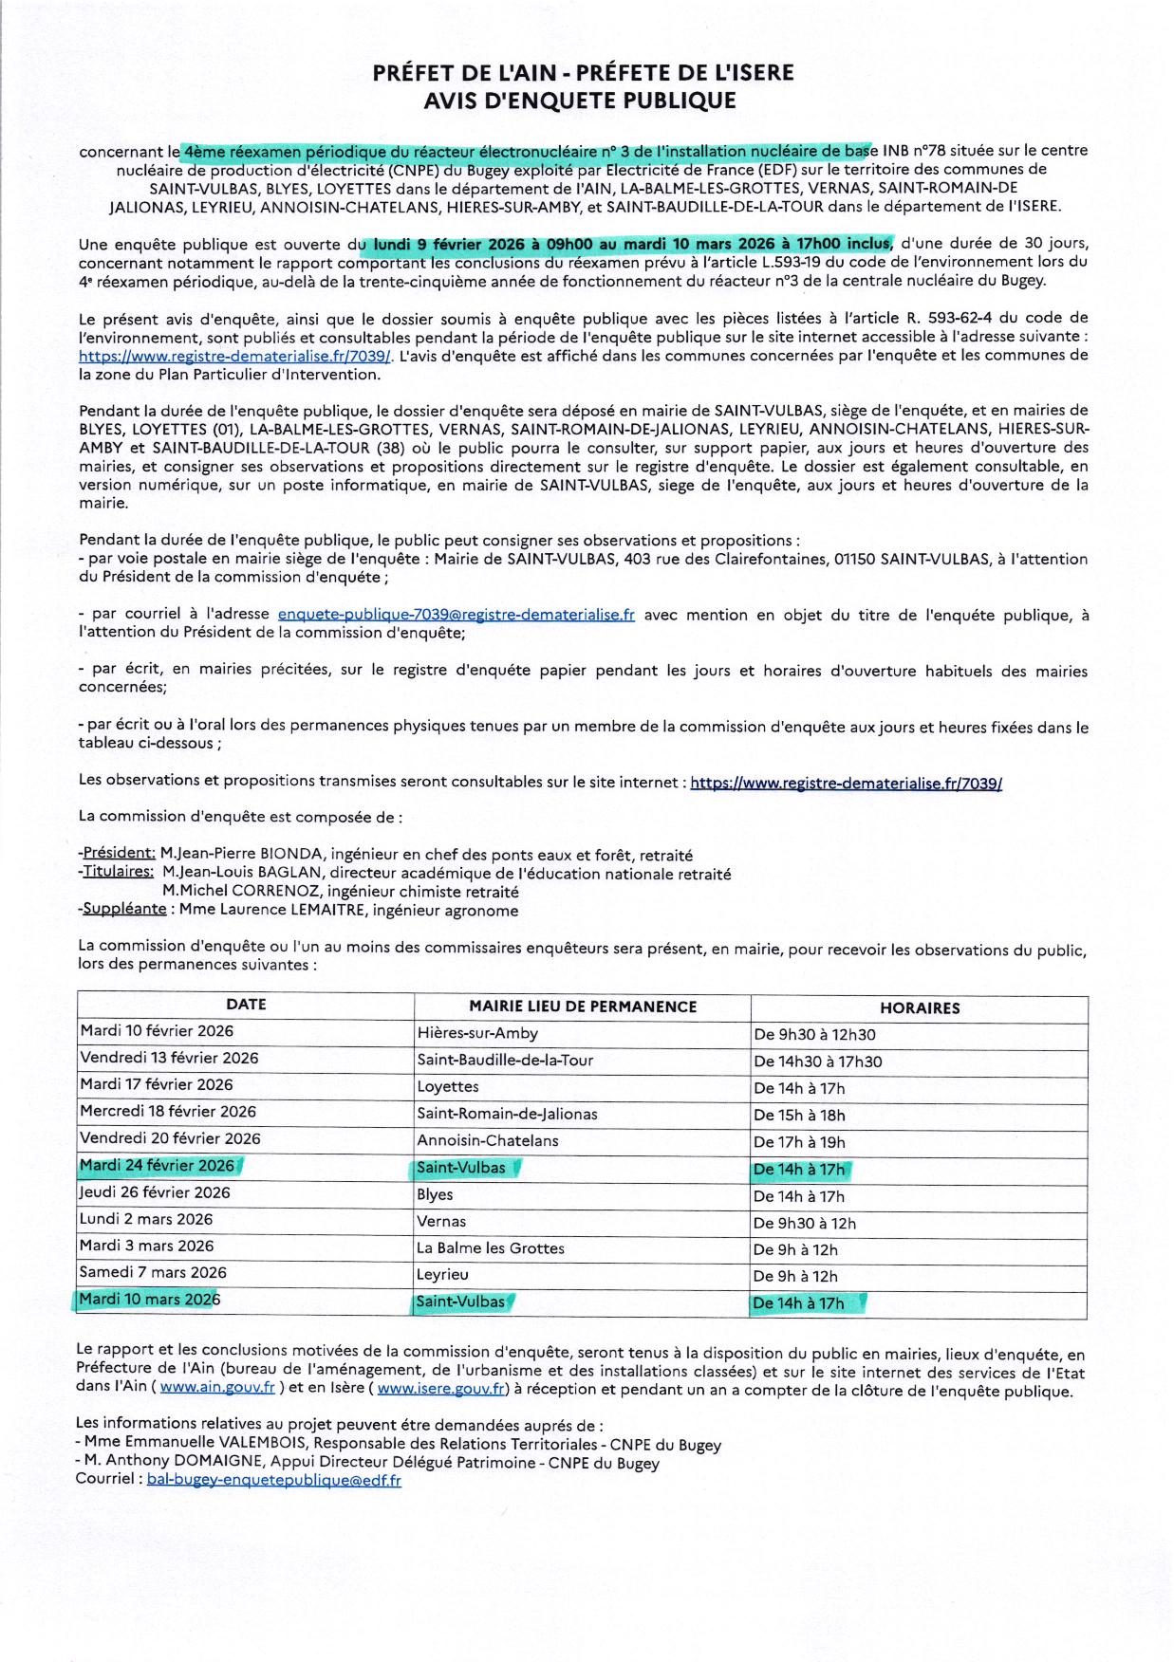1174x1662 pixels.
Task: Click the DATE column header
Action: coord(246,1005)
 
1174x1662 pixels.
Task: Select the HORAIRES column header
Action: coord(919,1008)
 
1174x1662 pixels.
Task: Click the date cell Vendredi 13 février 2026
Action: coord(169,1058)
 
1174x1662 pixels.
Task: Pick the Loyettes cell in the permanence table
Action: coord(448,1087)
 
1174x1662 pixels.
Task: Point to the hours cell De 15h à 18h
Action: coord(799,1116)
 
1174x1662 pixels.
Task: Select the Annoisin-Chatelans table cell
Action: coord(488,1141)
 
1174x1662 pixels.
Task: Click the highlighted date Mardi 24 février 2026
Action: coord(158,1166)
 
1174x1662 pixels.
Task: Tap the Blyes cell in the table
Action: coord(435,1195)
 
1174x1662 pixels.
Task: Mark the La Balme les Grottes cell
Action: coord(491,1248)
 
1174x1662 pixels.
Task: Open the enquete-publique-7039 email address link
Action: coord(456,615)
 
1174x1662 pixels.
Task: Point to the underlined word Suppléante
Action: coord(125,910)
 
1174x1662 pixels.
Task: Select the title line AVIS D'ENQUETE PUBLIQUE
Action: coord(579,101)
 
